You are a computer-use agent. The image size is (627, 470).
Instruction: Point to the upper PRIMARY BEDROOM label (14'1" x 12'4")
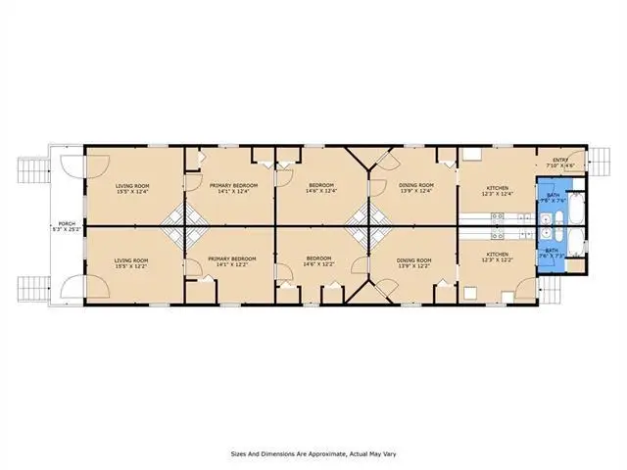(233, 188)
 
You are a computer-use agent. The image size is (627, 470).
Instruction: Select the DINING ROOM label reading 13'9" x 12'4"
(416, 188)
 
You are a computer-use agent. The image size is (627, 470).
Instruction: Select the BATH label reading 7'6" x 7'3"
(552, 253)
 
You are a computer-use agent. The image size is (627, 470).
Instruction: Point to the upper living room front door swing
(71, 168)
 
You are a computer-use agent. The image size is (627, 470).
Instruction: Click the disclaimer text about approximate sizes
(313, 453)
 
